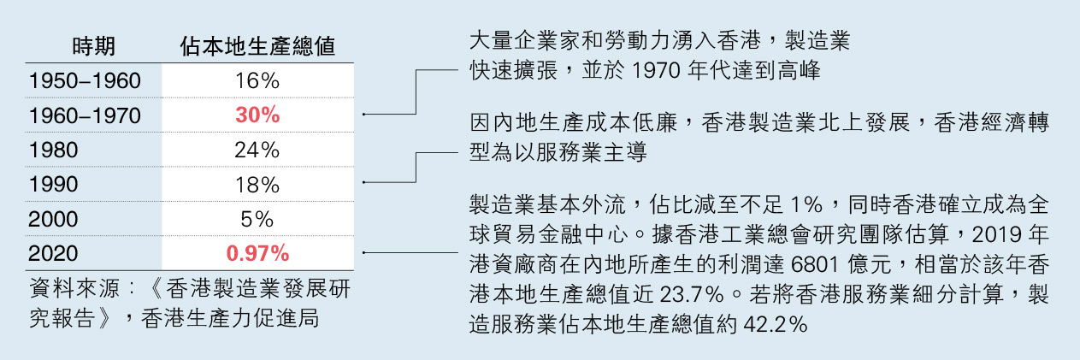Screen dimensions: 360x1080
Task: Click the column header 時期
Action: tap(93, 46)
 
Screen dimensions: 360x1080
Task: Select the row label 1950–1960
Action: tap(84, 81)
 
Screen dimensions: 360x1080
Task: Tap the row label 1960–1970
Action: tap(84, 115)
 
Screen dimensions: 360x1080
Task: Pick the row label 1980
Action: tap(53, 150)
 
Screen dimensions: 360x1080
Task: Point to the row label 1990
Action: tap(53, 185)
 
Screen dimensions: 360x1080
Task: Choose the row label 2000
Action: tap(53, 219)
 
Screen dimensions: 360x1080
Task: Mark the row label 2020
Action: tap(53, 254)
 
